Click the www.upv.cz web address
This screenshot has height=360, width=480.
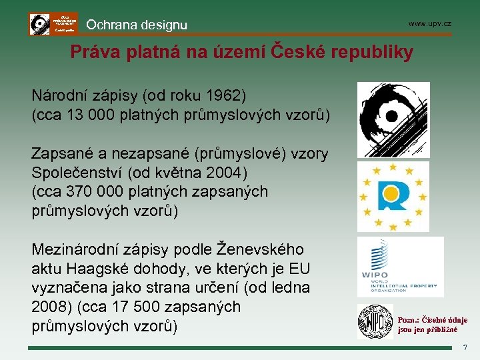point(430,24)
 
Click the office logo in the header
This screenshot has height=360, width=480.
point(53,24)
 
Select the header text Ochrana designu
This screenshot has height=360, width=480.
point(137,25)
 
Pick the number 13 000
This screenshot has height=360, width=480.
point(84,114)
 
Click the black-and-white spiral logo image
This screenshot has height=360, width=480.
point(393,119)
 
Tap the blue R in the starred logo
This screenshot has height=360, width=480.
point(392,195)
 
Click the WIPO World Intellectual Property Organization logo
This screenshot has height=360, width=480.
point(399,267)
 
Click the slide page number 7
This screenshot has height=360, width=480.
point(465,347)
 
